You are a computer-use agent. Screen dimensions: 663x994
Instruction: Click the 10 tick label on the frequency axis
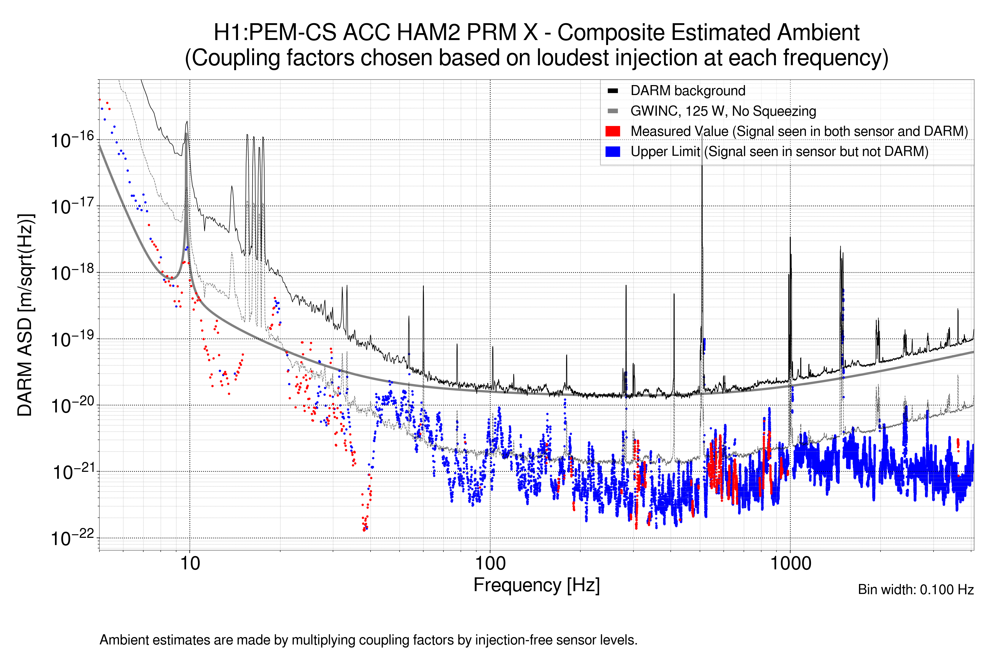(x=190, y=563)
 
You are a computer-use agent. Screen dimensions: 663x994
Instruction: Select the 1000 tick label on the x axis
(x=790, y=563)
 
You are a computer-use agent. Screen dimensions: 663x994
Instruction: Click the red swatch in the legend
(x=612, y=131)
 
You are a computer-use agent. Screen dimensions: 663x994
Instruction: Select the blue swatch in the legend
(x=612, y=151)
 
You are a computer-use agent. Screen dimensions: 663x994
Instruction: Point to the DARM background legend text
(x=688, y=91)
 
